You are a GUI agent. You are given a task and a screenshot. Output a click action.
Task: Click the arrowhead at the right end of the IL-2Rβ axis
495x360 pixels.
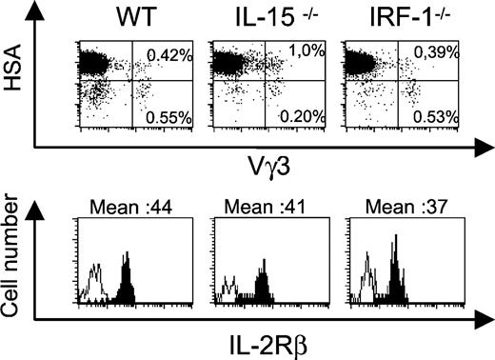click(483, 316)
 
